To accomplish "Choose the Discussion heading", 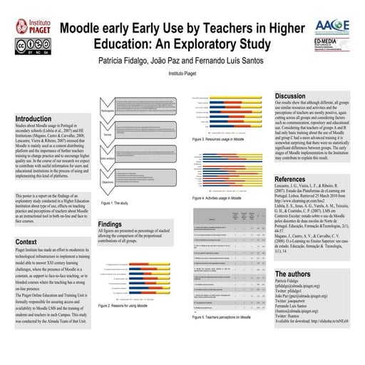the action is [x=290, y=96].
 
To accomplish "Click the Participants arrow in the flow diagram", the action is [x=109, y=110].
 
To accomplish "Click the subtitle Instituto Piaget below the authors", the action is [x=182, y=73].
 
